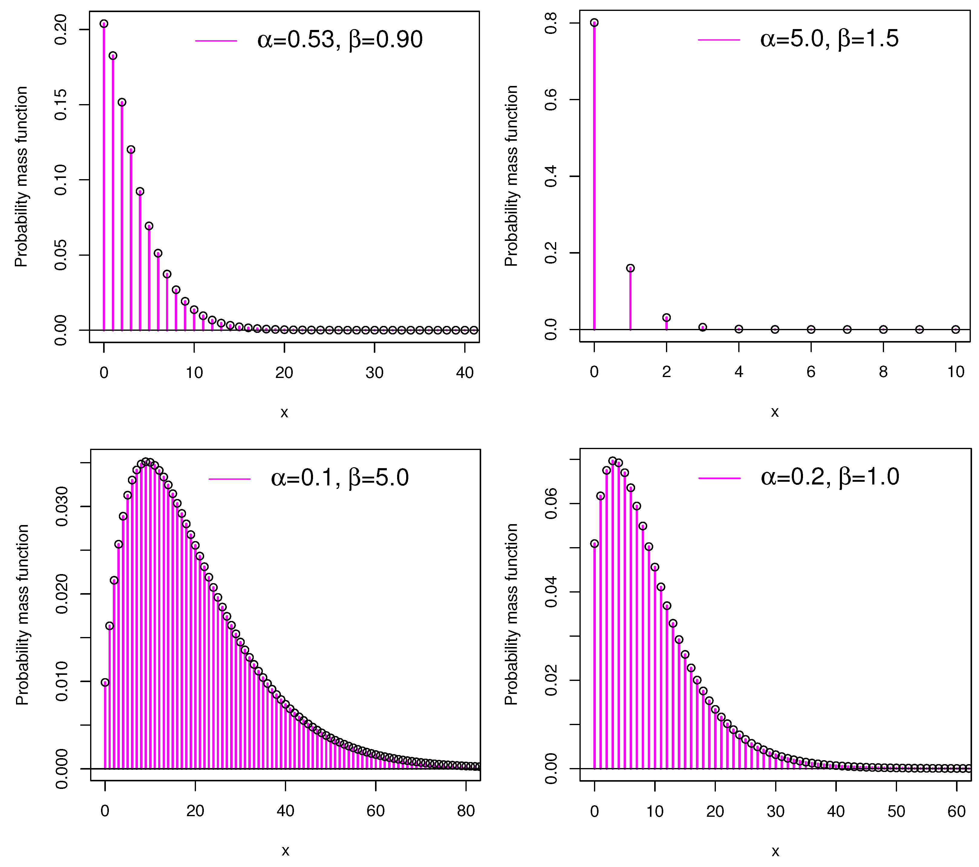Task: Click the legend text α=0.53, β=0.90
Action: (340, 39)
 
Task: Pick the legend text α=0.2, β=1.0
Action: (830, 477)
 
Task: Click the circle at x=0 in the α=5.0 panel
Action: (594, 22)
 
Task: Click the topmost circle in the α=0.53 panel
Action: (104, 24)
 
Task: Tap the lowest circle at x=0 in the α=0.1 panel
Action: (105, 682)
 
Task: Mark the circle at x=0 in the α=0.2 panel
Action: (594, 544)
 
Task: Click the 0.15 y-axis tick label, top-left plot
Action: (61, 105)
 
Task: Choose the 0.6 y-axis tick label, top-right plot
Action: (551, 100)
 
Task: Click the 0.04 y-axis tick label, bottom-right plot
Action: (551, 592)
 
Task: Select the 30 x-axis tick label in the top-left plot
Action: (374, 373)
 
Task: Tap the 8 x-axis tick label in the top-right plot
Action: (883, 371)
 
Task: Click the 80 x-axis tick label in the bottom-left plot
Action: (465, 811)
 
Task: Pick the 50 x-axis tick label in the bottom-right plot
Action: (896, 811)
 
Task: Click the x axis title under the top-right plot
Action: (775, 412)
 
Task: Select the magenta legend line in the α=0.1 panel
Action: (230, 479)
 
